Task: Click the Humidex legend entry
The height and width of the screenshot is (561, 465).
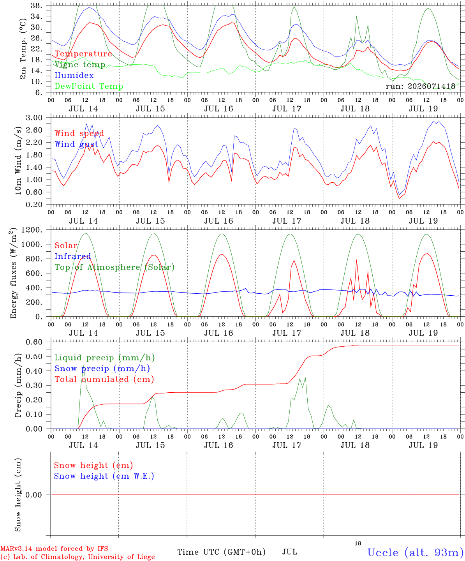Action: coord(74,75)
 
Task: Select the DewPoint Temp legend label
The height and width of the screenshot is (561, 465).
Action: coord(89,86)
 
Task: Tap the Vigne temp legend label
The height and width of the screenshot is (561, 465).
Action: coord(80,65)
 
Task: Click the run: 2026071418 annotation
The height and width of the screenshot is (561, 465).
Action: coord(420,86)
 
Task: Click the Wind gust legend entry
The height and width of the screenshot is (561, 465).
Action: coord(77,144)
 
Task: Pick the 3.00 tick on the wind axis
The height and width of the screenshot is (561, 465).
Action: coord(34,118)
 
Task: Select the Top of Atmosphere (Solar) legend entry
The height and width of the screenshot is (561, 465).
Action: coord(115,267)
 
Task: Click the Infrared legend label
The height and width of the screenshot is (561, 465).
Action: coord(73,256)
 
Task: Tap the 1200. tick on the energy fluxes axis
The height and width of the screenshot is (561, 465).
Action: coord(32,230)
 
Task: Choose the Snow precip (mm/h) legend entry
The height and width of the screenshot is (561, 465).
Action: coord(102,369)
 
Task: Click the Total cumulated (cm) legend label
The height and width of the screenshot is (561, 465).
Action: coord(104,379)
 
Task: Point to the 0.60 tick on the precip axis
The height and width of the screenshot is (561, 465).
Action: coord(34,342)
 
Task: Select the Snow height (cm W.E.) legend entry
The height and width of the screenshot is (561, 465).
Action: coord(104,476)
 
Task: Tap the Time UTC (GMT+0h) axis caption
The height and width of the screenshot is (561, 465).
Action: coord(221,552)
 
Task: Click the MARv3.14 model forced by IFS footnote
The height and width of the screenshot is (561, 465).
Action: coord(54,549)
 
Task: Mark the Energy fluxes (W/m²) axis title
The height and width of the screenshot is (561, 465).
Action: coord(13,273)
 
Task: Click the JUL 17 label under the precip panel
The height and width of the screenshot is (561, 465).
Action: coord(287,445)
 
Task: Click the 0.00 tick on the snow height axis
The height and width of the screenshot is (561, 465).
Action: coord(33,495)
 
